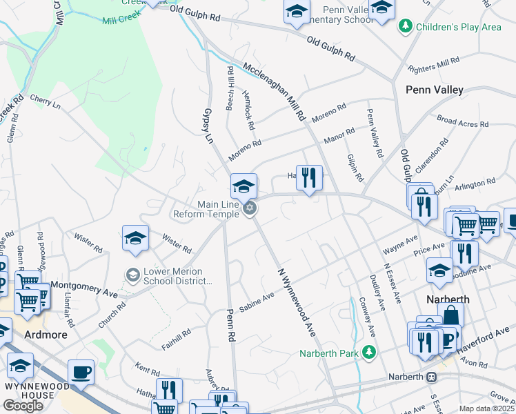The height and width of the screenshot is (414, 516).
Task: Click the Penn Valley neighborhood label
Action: point(434,90)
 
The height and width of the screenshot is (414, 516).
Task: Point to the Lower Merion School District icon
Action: point(132,276)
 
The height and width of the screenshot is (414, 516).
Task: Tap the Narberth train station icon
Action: point(433,377)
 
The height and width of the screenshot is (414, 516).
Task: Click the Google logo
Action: point(23,406)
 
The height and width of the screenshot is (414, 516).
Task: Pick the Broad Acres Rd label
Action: point(463,121)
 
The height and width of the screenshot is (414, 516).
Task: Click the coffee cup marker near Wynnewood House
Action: point(81,372)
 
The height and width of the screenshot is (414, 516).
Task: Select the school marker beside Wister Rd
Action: point(135,238)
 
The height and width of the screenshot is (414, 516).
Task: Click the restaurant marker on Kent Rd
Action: point(169,390)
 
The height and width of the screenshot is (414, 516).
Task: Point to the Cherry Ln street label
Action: point(46,101)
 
